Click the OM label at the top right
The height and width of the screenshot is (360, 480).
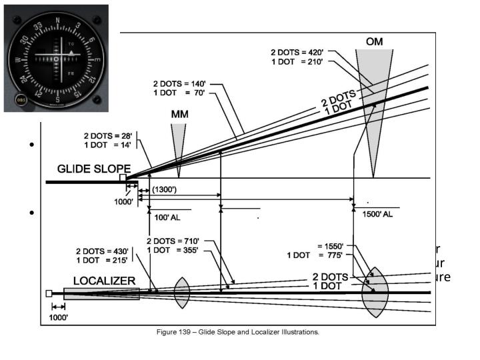pyautogui.click(x=375, y=41)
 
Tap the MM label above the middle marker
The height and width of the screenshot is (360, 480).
pyautogui.click(x=179, y=114)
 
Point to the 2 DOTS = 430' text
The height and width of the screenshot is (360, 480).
pyautogui.click(x=103, y=251)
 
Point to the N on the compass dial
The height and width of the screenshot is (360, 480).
pyautogui.click(x=57, y=21)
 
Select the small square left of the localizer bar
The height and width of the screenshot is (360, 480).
pyautogui.click(x=49, y=293)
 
